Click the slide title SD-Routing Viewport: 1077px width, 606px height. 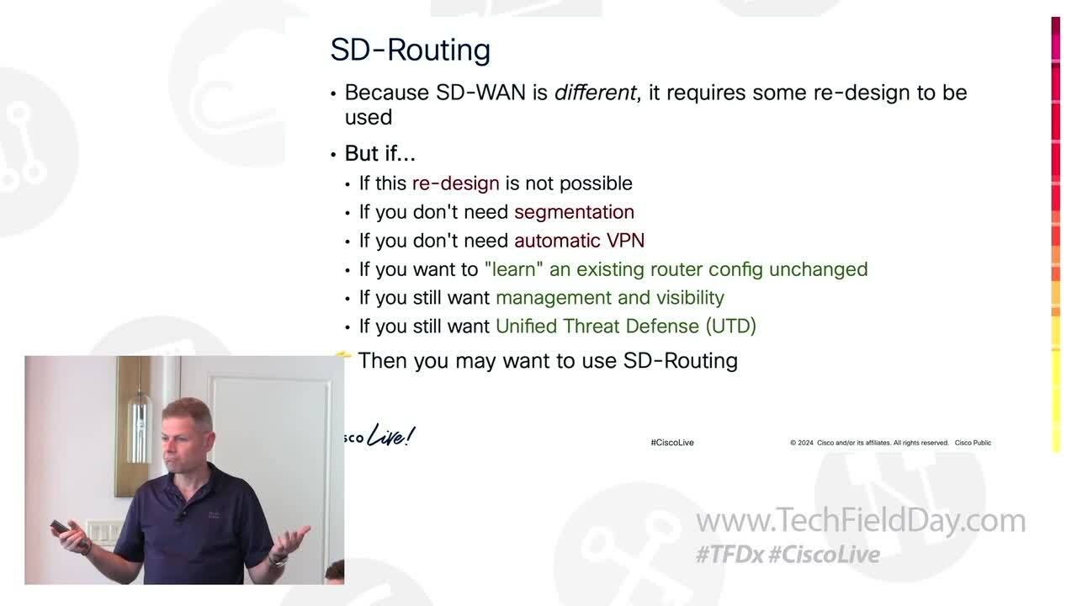click(410, 50)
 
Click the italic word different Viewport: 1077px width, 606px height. click(595, 93)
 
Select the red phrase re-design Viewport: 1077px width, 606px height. click(455, 183)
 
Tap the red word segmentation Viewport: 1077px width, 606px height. click(574, 212)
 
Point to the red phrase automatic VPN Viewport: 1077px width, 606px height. click(579, 241)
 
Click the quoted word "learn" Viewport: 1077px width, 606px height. click(513, 269)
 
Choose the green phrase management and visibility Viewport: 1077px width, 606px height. click(609, 298)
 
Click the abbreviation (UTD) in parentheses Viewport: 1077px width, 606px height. click(730, 327)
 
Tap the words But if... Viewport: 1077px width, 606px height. click(379, 154)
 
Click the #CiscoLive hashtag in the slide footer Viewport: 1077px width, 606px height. click(671, 443)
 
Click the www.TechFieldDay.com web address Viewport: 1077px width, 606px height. click(860, 521)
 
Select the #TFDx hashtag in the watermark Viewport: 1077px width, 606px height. click(729, 555)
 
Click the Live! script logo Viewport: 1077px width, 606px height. click(391, 437)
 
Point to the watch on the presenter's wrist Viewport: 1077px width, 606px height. click(279, 558)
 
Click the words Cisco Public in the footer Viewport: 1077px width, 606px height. click(973, 443)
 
